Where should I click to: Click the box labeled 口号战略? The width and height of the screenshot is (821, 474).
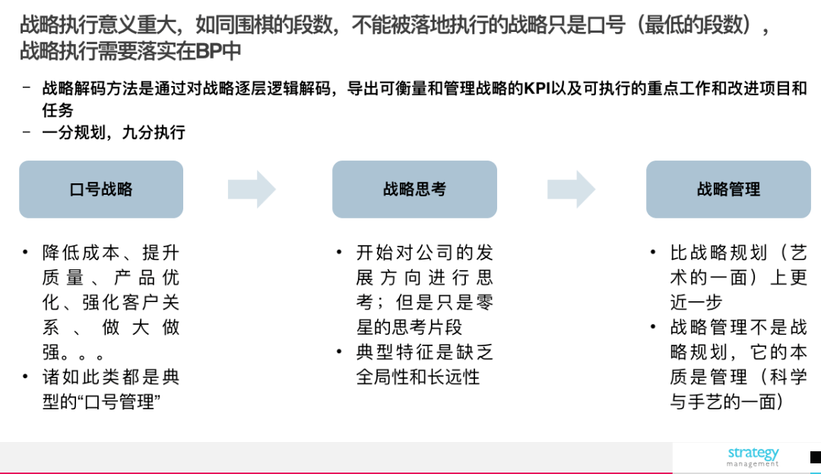(101, 189)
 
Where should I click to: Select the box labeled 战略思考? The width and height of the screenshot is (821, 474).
(415, 189)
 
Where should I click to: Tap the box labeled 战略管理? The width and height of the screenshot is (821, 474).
(728, 189)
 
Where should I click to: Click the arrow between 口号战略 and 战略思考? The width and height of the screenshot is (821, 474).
(252, 189)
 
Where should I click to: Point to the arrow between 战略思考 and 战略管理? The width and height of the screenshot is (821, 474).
(571, 189)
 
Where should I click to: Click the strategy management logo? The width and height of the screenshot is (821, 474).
(753, 457)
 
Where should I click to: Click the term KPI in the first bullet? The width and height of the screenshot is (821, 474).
(537, 88)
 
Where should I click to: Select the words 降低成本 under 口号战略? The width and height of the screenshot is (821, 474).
(81, 253)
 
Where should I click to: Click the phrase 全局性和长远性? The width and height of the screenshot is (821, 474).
(418, 377)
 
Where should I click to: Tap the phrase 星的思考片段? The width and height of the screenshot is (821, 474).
(409, 327)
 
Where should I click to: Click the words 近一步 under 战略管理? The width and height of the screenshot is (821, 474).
(696, 302)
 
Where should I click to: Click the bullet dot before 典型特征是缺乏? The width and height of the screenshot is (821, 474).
(339, 352)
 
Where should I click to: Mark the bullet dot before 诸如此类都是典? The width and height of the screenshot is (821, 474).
(25, 377)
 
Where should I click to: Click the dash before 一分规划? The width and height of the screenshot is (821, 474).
(27, 132)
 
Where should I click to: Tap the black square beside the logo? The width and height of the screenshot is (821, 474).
(816, 457)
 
